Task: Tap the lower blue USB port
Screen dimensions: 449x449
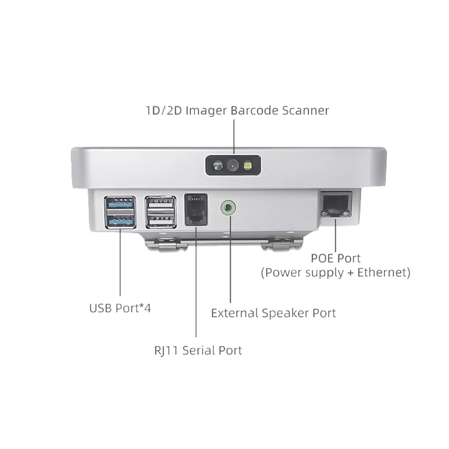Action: (120, 220)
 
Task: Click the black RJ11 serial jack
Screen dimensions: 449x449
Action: (196, 210)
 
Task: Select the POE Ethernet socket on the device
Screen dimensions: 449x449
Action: (335, 204)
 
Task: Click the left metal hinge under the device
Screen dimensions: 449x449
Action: (166, 244)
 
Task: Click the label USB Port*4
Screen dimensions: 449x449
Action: (120, 308)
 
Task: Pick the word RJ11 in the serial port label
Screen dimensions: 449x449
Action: (165, 350)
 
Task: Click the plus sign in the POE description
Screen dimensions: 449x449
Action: (350, 273)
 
